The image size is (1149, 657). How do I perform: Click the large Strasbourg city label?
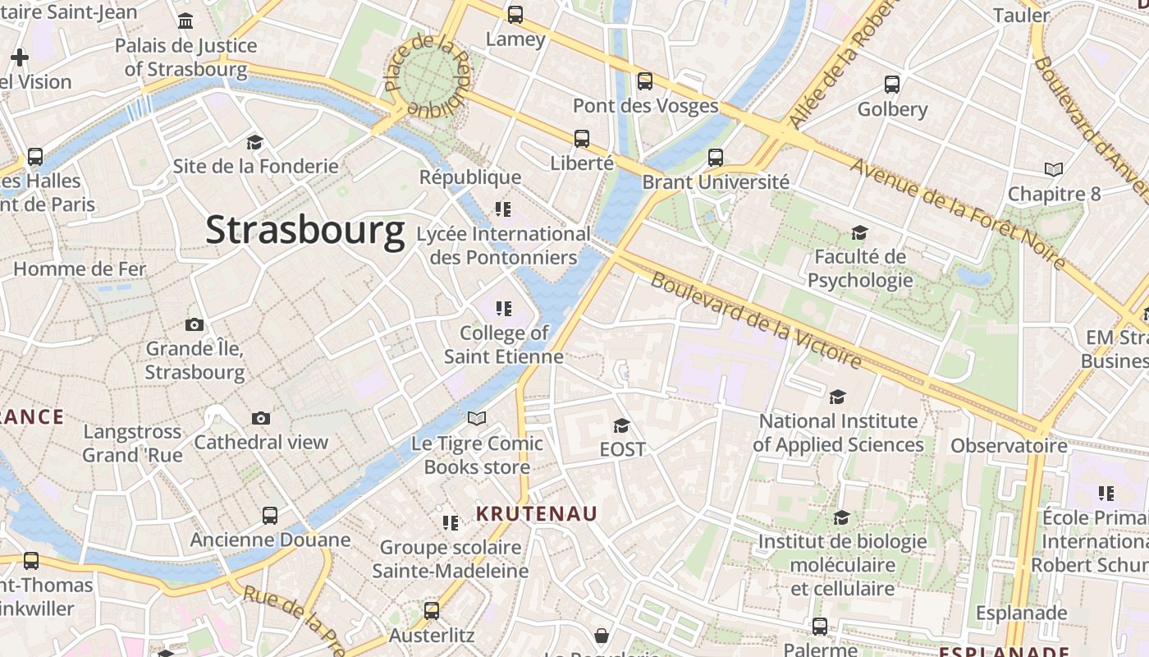[x=305, y=230]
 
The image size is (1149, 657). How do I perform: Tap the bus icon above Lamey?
[x=515, y=14]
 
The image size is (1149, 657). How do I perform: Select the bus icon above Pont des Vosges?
[x=645, y=80]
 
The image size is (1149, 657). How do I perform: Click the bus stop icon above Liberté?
[x=582, y=138]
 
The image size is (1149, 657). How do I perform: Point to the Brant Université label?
[x=716, y=181]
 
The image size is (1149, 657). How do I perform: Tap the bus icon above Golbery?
[x=892, y=84]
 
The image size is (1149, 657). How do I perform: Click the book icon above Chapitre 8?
[x=1054, y=169]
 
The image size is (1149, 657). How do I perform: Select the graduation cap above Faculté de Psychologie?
[x=859, y=232]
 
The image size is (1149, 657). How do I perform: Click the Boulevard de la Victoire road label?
[x=756, y=320]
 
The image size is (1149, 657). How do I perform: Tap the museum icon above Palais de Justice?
[x=185, y=21]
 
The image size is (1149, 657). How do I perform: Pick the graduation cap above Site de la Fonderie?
[x=254, y=141]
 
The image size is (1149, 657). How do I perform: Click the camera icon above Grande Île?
[x=195, y=324]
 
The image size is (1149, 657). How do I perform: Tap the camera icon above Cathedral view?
[x=261, y=418]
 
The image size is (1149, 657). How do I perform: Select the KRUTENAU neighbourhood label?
[x=538, y=514]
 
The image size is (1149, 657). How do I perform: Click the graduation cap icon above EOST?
[x=622, y=425]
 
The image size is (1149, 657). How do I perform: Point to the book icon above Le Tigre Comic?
[x=477, y=418]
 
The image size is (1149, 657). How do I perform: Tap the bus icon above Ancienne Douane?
[x=270, y=516]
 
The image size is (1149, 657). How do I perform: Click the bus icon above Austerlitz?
[x=432, y=610]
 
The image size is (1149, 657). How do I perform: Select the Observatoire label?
[x=1009, y=446]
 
